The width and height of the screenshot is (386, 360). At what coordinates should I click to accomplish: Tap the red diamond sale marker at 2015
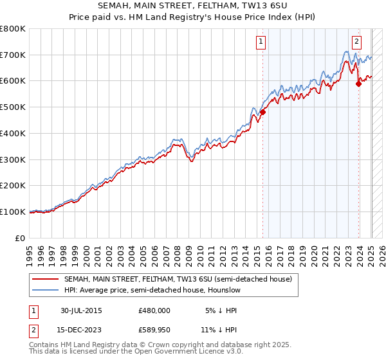click(262, 112)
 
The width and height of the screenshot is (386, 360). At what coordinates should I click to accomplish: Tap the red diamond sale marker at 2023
click(358, 84)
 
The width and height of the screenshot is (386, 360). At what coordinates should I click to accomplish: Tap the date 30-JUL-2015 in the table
click(81, 310)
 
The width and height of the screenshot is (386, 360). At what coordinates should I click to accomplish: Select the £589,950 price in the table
click(154, 330)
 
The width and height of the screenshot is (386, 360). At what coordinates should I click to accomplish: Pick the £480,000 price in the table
click(154, 310)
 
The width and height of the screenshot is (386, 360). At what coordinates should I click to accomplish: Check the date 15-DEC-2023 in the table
click(81, 330)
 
